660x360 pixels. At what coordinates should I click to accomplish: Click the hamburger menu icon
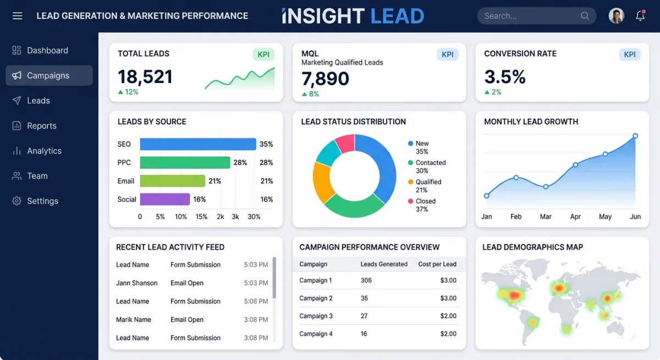[17, 16]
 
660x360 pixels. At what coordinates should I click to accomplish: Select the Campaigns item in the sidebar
[48, 75]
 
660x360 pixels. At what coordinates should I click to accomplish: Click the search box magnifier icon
[585, 16]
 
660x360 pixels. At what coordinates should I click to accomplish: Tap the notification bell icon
[640, 16]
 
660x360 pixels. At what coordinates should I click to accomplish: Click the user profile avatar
[617, 16]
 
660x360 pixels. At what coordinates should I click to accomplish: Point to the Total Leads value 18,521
[145, 76]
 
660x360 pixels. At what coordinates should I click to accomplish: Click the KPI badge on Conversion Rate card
[630, 54]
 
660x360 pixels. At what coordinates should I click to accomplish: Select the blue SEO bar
[198, 144]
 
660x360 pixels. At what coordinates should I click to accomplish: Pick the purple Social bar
[165, 199]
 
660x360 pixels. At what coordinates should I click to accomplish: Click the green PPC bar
[185, 163]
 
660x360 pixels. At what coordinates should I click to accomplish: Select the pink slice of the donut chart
[345, 143]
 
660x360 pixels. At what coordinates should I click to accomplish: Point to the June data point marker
[635, 136]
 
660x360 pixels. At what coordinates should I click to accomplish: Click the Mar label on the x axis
[546, 217]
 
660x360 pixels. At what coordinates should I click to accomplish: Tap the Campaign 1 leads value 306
[366, 280]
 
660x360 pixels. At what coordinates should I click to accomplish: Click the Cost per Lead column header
[437, 264]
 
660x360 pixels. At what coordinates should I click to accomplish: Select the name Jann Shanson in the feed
[137, 283]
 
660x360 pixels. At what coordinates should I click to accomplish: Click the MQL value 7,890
[325, 79]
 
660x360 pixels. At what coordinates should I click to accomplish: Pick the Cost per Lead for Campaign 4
[448, 334]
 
